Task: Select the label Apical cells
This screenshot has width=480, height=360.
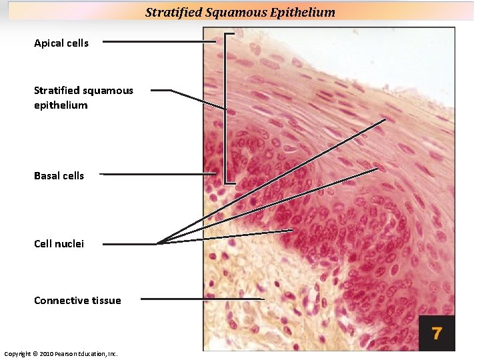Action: [61, 43]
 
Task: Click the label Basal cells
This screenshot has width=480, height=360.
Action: [59, 176]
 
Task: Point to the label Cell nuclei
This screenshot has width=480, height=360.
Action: [59, 244]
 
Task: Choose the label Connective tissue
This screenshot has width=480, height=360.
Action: [77, 301]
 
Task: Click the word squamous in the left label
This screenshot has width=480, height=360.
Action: [108, 91]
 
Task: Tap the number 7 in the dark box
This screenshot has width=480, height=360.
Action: [437, 333]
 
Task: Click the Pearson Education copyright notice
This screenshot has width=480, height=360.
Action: [61, 353]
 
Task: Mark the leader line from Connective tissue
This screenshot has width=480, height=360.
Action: [200, 299]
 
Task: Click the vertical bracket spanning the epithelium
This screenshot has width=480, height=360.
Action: [227, 107]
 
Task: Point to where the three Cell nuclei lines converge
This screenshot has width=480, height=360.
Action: [158, 243]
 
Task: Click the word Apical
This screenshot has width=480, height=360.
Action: [48, 43]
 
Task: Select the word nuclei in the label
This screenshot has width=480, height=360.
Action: [71, 244]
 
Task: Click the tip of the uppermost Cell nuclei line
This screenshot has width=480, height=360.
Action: [385, 120]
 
